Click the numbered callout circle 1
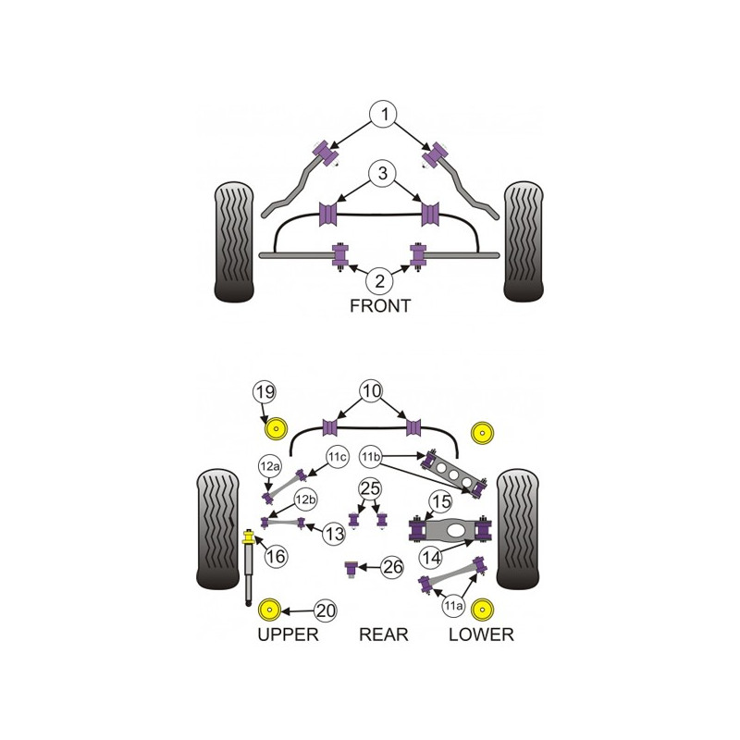(385, 114)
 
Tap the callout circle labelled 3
(382, 173)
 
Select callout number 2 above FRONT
(380, 281)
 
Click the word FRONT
(380, 306)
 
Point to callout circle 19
(265, 391)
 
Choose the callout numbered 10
(372, 391)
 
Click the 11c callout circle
(338, 457)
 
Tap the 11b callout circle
(371, 457)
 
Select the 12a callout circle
(269, 466)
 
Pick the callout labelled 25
(370, 489)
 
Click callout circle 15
(440, 501)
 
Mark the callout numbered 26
(392, 567)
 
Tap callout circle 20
(326, 610)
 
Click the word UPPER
(288, 635)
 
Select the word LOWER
(481, 635)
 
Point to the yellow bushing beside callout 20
(269, 610)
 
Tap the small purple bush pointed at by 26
(351, 569)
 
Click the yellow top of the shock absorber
(248, 537)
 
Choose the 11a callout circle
(453, 606)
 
